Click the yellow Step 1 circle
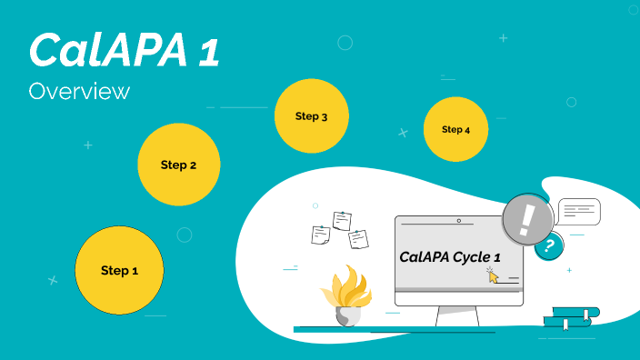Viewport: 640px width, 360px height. point(119,270)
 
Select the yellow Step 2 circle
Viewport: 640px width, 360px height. point(178,165)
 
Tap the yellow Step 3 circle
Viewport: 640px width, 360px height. point(312,115)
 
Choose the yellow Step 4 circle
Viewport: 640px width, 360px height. point(455,129)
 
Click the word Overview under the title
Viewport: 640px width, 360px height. point(79,92)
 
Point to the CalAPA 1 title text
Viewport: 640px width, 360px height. point(124,50)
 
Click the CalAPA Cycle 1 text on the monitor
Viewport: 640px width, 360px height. point(450,257)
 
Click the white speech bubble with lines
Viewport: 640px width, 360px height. point(579,211)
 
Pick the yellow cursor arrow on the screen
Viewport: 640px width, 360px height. point(493,275)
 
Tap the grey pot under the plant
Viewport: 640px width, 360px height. point(347,316)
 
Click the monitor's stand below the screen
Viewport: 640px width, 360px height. point(457,316)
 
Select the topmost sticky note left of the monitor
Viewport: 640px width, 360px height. point(342,220)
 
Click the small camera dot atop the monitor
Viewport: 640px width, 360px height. point(459,220)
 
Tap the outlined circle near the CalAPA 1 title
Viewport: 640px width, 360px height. point(345,42)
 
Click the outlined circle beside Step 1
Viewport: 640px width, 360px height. point(185,235)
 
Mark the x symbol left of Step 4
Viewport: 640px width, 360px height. point(403,133)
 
